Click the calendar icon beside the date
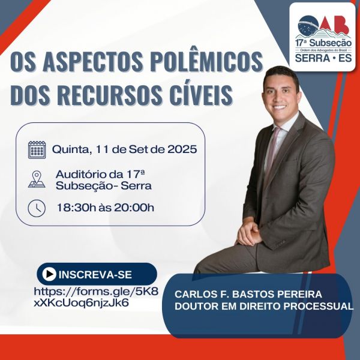[x=37, y=149]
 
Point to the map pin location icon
[x=37, y=179]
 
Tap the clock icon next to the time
[x=37, y=208]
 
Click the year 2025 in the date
[x=182, y=149]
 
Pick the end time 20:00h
[x=134, y=208]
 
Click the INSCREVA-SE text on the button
[x=95, y=275]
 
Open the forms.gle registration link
[x=96, y=297]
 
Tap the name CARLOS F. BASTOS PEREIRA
[x=248, y=294]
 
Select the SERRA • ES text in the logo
[x=323, y=58]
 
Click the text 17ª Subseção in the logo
[x=323, y=43]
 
